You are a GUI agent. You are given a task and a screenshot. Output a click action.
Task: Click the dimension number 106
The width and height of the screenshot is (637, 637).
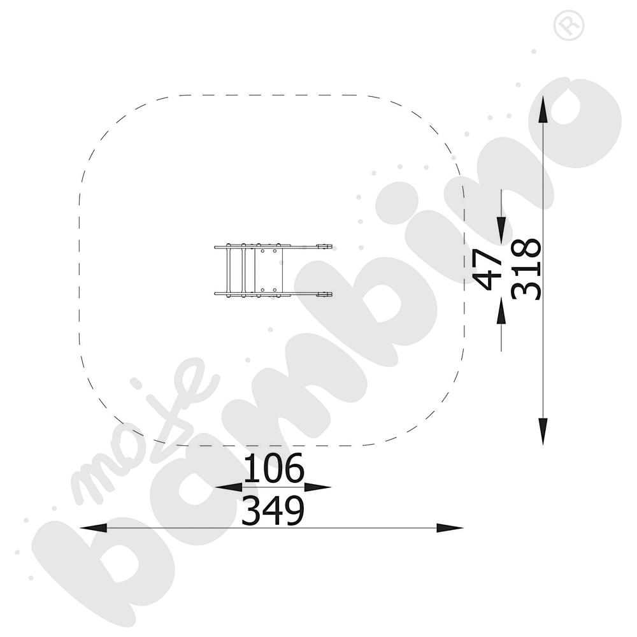point(273,468)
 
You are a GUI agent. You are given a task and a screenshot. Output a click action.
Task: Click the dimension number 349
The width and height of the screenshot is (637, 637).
point(273,510)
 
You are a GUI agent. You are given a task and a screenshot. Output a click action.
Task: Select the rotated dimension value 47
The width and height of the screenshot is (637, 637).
point(487,269)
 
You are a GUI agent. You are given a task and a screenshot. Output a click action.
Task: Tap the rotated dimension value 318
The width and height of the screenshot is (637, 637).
point(527,269)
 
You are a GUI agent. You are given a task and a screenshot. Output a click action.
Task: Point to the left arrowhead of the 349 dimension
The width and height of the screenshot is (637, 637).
point(94,527)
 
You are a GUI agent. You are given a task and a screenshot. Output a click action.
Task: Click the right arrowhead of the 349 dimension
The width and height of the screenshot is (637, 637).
point(450,527)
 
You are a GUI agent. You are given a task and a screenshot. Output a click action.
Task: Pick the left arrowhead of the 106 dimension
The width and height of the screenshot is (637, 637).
point(229,487)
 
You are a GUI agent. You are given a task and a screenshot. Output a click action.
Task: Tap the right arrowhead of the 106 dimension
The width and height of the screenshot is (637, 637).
point(318,487)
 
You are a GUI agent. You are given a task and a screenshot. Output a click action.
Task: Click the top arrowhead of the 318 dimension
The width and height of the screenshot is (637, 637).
point(543,108)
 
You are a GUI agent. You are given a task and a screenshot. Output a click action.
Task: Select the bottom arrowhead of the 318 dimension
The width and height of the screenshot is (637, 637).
point(543,431)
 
